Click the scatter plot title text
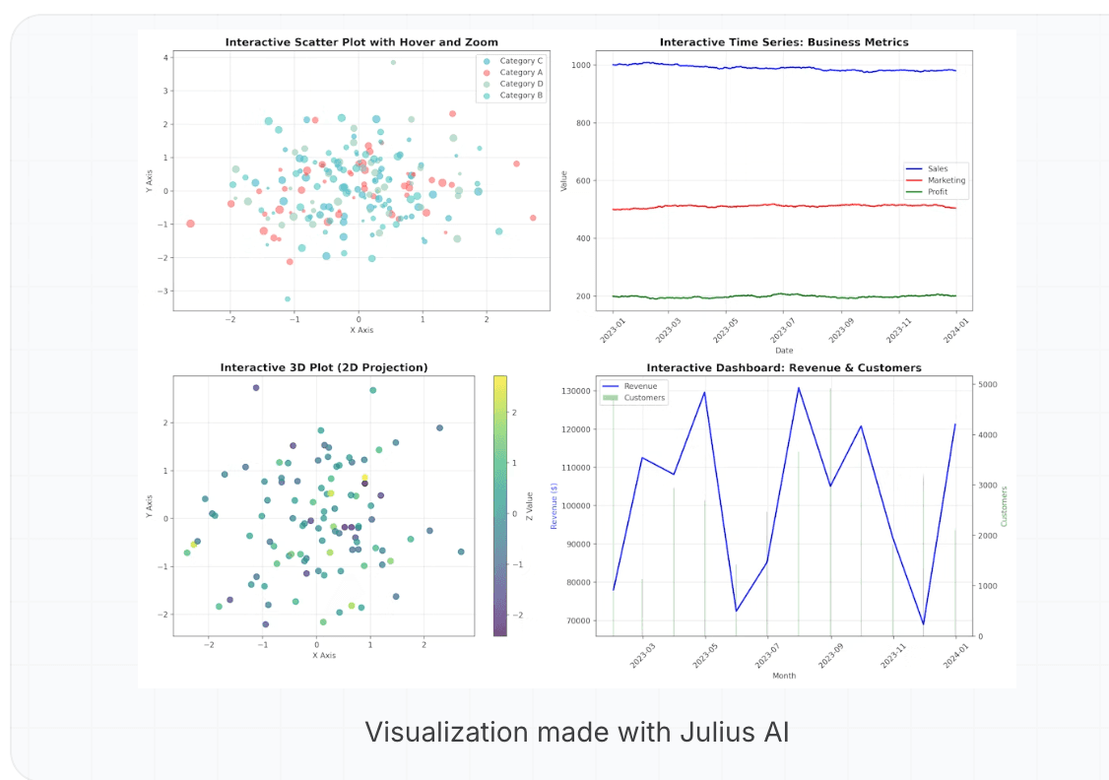pos(361,42)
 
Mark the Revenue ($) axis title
pos(554,505)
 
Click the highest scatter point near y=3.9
pos(393,62)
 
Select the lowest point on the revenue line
pos(924,624)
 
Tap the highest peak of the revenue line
pos(799,388)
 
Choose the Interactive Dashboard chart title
pos(783,367)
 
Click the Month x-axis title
pos(784,676)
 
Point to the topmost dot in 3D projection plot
pos(256,388)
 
